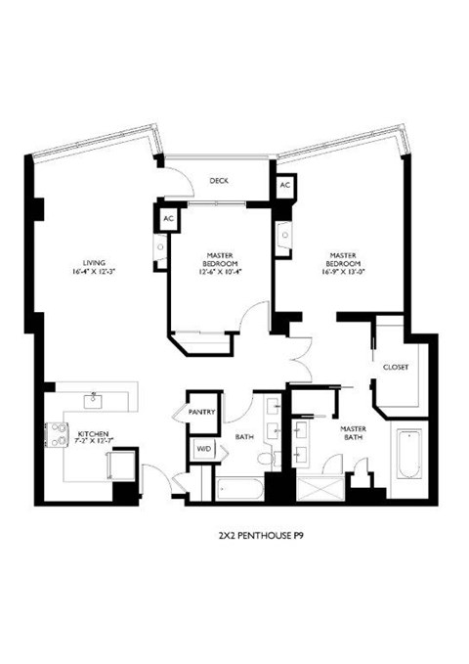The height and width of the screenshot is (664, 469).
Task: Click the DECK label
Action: coord(219,179)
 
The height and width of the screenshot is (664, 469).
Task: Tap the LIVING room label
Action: coord(94,262)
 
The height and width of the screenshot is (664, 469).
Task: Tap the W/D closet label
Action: coord(205,448)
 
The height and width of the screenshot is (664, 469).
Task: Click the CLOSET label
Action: coord(395,367)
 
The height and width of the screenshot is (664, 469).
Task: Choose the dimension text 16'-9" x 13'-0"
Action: coord(345,271)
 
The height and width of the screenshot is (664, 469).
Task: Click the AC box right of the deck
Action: coord(285,186)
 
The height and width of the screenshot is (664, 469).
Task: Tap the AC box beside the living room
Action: coord(168,218)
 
